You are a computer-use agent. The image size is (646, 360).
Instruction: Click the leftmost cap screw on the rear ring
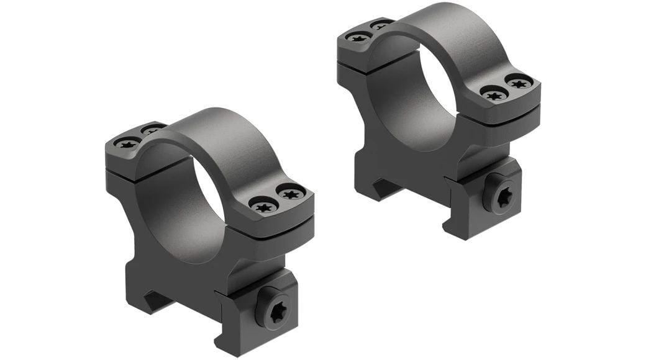point(358,37)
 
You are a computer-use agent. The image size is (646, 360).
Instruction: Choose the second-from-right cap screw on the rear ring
point(494,95)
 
